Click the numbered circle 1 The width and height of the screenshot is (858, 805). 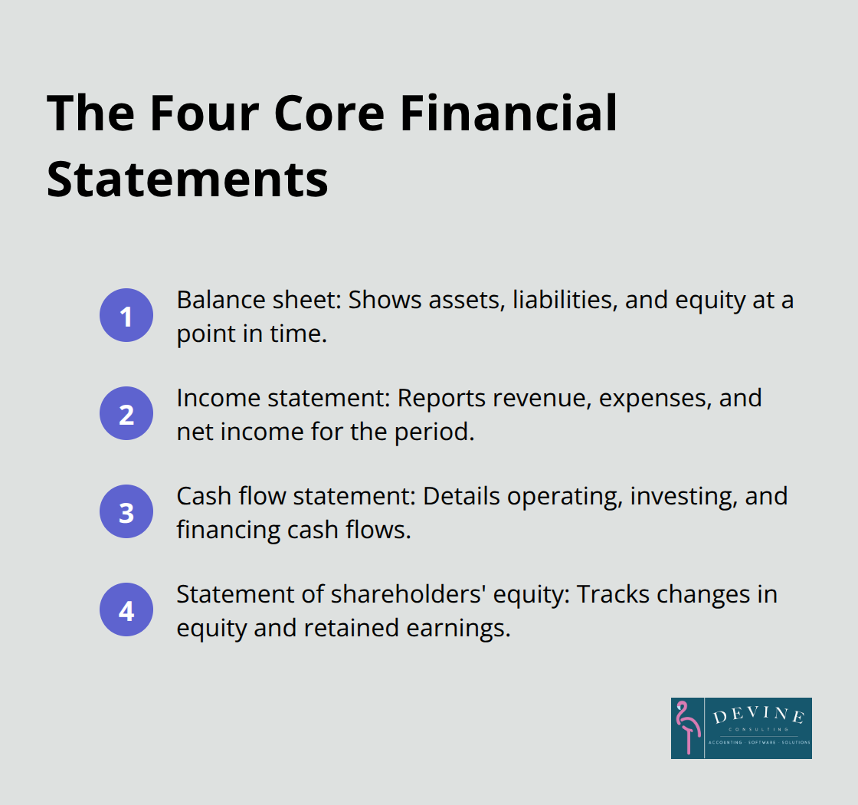coord(126,315)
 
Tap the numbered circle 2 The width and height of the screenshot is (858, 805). coord(126,413)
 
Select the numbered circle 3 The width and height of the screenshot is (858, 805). coord(126,511)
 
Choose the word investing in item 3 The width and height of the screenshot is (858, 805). coord(666,495)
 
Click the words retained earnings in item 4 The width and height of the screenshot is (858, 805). coord(406,627)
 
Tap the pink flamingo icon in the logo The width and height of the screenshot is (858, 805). coord(687,728)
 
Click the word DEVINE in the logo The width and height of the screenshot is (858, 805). coord(758,717)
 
